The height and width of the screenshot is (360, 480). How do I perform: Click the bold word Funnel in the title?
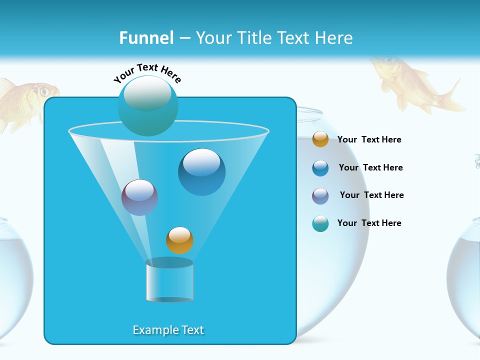tap(146, 38)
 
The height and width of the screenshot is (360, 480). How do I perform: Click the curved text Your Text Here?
tap(147, 72)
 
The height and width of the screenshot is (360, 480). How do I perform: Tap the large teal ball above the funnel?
tap(147, 106)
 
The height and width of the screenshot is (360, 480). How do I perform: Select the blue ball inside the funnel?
tap(201, 172)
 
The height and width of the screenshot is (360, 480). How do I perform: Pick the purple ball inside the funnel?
tap(139, 197)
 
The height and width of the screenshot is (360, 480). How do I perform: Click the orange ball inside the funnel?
tap(179, 240)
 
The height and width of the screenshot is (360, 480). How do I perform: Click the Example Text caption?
tap(168, 330)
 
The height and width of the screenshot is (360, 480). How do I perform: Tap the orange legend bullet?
tap(320, 139)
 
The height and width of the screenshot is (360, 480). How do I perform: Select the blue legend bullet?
tap(320, 168)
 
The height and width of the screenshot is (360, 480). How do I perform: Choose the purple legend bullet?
tap(320, 195)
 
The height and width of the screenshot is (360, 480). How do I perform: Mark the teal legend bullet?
tap(320, 223)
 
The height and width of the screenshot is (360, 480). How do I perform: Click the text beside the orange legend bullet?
tap(369, 139)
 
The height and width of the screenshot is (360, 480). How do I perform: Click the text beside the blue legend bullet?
tap(370, 167)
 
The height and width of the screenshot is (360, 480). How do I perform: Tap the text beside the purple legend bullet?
tap(371, 195)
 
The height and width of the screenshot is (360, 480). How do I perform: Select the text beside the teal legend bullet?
tap(369, 223)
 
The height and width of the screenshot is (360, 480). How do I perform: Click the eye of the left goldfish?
tap(44, 91)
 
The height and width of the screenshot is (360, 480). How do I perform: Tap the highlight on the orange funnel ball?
tap(179, 234)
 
